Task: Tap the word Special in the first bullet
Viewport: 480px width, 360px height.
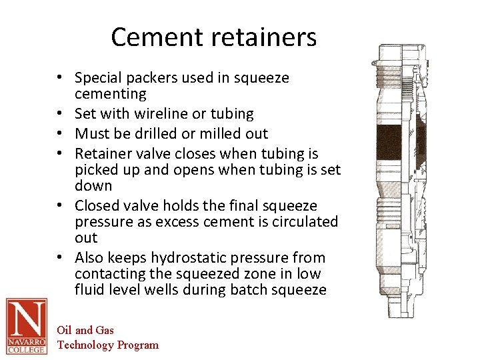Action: coord(98,78)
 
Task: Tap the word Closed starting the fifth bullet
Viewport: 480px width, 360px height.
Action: coord(97,206)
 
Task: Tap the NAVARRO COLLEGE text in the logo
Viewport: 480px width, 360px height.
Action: coord(27,345)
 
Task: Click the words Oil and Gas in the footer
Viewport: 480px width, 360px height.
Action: coord(85,330)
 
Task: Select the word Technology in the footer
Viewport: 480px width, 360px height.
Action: coord(86,345)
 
